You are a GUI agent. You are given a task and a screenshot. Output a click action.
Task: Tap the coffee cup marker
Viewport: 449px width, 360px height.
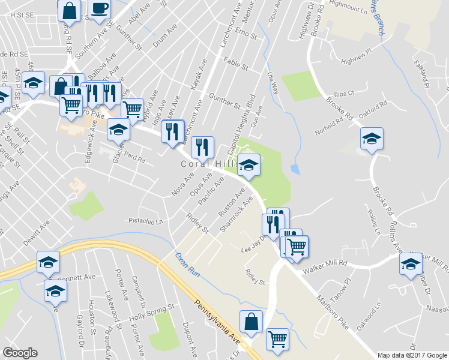[x=99, y=10]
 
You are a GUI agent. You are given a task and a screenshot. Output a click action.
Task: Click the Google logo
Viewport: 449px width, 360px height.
[x=20, y=353]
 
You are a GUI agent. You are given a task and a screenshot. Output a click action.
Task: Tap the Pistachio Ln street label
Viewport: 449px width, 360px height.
[x=146, y=221]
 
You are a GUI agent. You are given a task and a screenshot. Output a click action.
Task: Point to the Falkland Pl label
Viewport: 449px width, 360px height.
[x=423, y=74]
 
